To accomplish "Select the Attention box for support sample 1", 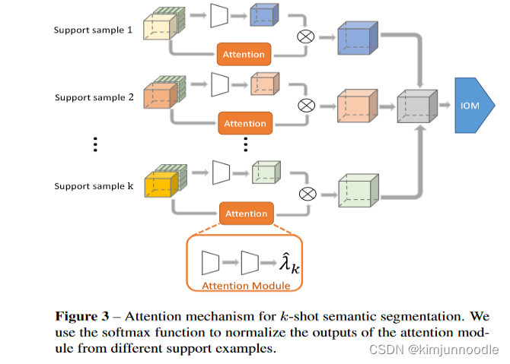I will (x=244, y=54).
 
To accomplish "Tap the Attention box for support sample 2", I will (x=244, y=123).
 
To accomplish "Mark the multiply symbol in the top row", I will (x=307, y=35).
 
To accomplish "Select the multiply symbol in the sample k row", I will (x=307, y=194).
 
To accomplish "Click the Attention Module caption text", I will (x=245, y=286).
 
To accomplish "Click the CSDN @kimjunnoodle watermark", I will (x=434, y=349).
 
